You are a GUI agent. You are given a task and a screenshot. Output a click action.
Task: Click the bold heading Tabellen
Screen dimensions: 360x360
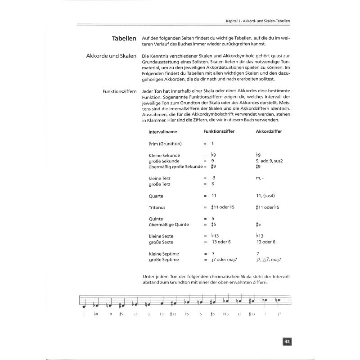tap(124, 39)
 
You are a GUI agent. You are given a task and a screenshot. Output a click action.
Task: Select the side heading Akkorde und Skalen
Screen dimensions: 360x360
tap(111, 56)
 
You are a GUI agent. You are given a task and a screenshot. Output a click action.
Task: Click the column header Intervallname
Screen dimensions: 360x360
tap(162, 131)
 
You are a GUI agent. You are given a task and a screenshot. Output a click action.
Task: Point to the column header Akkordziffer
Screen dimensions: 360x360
tap(268, 131)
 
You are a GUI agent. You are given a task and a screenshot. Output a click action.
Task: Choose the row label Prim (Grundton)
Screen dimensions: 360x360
tap(166, 144)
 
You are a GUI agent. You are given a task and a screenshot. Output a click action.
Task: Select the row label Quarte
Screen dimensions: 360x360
tap(156, 196)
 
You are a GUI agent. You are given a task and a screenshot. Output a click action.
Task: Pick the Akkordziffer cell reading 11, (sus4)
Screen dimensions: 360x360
tap(268, 196)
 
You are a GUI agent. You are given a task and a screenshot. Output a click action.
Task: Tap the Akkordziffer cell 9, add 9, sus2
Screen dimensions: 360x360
tap(271, 160)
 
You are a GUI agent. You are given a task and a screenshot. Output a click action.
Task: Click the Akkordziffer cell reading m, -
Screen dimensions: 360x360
tap(260, 178)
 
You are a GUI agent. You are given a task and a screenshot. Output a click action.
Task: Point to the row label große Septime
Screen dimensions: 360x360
tap(164, 260)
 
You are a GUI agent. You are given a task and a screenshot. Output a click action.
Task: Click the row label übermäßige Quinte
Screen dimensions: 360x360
tap(169, 224)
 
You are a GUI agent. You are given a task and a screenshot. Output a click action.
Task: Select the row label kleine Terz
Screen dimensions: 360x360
tap(160, 178)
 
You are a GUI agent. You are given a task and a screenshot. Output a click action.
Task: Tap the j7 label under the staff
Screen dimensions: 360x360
tap(279, 314)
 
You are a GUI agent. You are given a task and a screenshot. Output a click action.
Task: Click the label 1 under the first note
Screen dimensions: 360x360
tap(84, 314)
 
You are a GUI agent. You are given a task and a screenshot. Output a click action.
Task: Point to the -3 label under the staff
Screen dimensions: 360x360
tap(135, 314)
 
